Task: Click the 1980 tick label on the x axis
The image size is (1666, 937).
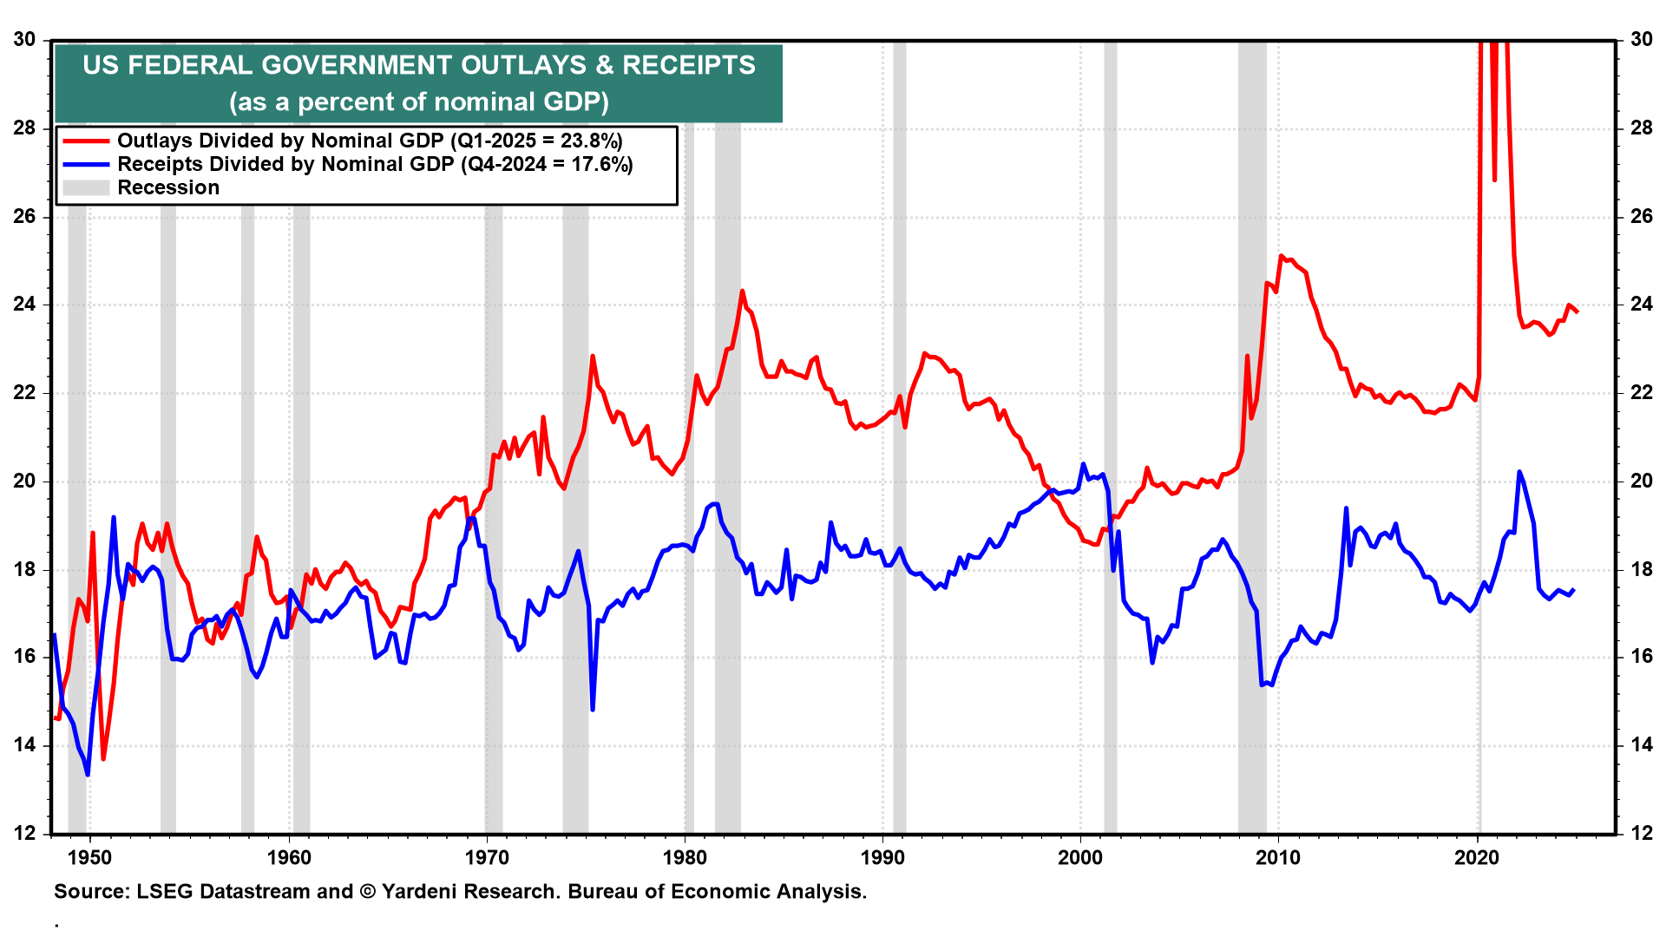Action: [x=685, y=857]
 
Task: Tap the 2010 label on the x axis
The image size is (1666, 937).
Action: [x=1278, y=857]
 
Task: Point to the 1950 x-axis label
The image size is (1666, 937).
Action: [x=90, y=857]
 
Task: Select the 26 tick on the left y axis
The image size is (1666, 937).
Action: [x=24, y=216]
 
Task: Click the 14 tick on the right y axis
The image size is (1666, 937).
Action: [x=1642, y=744]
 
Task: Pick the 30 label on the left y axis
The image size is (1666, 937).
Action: [x=24, y=39]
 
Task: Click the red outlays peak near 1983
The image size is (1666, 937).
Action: [x=742, y=292]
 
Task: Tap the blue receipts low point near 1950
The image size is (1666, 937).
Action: [x=87, y=774]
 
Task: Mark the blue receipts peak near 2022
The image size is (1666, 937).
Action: [x=1518, y=472]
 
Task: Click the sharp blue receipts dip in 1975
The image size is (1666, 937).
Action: [x=593, y=710]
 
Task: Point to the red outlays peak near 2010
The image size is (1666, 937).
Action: [x=1281, y=256]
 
